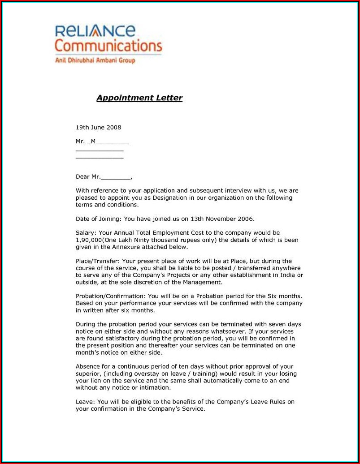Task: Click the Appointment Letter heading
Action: [139, 98]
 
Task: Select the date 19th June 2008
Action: [98, 128]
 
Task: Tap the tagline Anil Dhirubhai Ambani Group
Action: [95, 60]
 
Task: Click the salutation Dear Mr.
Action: [88, 177]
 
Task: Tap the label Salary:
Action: [85, 233]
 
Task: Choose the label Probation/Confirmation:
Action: [110, 296]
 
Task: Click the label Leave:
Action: [85, 402]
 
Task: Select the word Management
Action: [201, 282]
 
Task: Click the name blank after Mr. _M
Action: [112, 142]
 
